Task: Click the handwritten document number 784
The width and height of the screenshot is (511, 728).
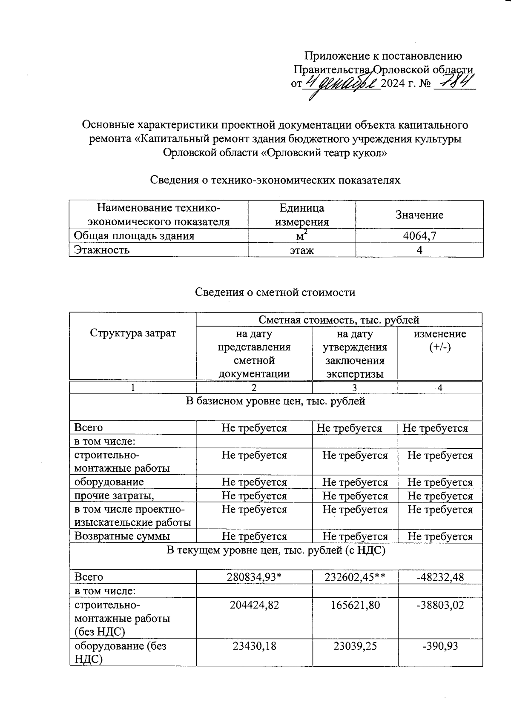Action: point(454,82)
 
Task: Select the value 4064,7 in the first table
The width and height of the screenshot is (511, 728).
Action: point(419,236)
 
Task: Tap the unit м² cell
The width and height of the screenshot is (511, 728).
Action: point(301,236)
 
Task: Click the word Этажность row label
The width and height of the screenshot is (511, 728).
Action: point(102,250)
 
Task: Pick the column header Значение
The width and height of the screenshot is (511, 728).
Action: point(419,215)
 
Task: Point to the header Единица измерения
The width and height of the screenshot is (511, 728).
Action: point(301,215)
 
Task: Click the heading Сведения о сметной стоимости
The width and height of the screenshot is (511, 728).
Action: point(275,292)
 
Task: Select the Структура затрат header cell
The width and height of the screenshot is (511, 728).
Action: point(133,333)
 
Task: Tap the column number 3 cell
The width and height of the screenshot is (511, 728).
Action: point(355,388)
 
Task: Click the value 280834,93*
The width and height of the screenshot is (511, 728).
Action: point(254,577)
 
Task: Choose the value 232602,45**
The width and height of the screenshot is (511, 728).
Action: point(355,577)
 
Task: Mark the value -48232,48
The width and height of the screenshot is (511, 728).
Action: point(440,577)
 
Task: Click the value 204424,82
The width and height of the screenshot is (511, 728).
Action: point(254,605)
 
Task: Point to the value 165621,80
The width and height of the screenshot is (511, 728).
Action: point(355,605)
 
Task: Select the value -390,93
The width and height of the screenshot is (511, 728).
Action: point(440,646)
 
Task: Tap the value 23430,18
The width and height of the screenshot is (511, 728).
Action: point(254,646)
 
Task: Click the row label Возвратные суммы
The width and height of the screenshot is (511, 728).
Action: point(122,536)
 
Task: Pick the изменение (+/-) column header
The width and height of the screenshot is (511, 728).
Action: point(440,340)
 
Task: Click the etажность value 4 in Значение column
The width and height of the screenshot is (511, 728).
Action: point(419,250)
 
